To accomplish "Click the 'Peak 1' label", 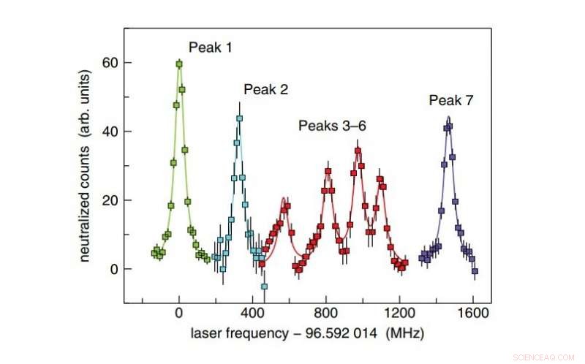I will click(x=211, y=48).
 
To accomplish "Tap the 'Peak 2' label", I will click(x=265, y=90).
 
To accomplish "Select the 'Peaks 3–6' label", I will click(x=332, y=126).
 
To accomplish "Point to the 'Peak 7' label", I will click(x=451, y=100).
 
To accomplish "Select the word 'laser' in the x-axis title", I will click(x=206, y=333).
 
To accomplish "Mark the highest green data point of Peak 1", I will click(x=179, y=64).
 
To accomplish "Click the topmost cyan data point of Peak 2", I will click(x=239, y=118).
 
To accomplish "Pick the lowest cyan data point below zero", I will click(x=264, y=286).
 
